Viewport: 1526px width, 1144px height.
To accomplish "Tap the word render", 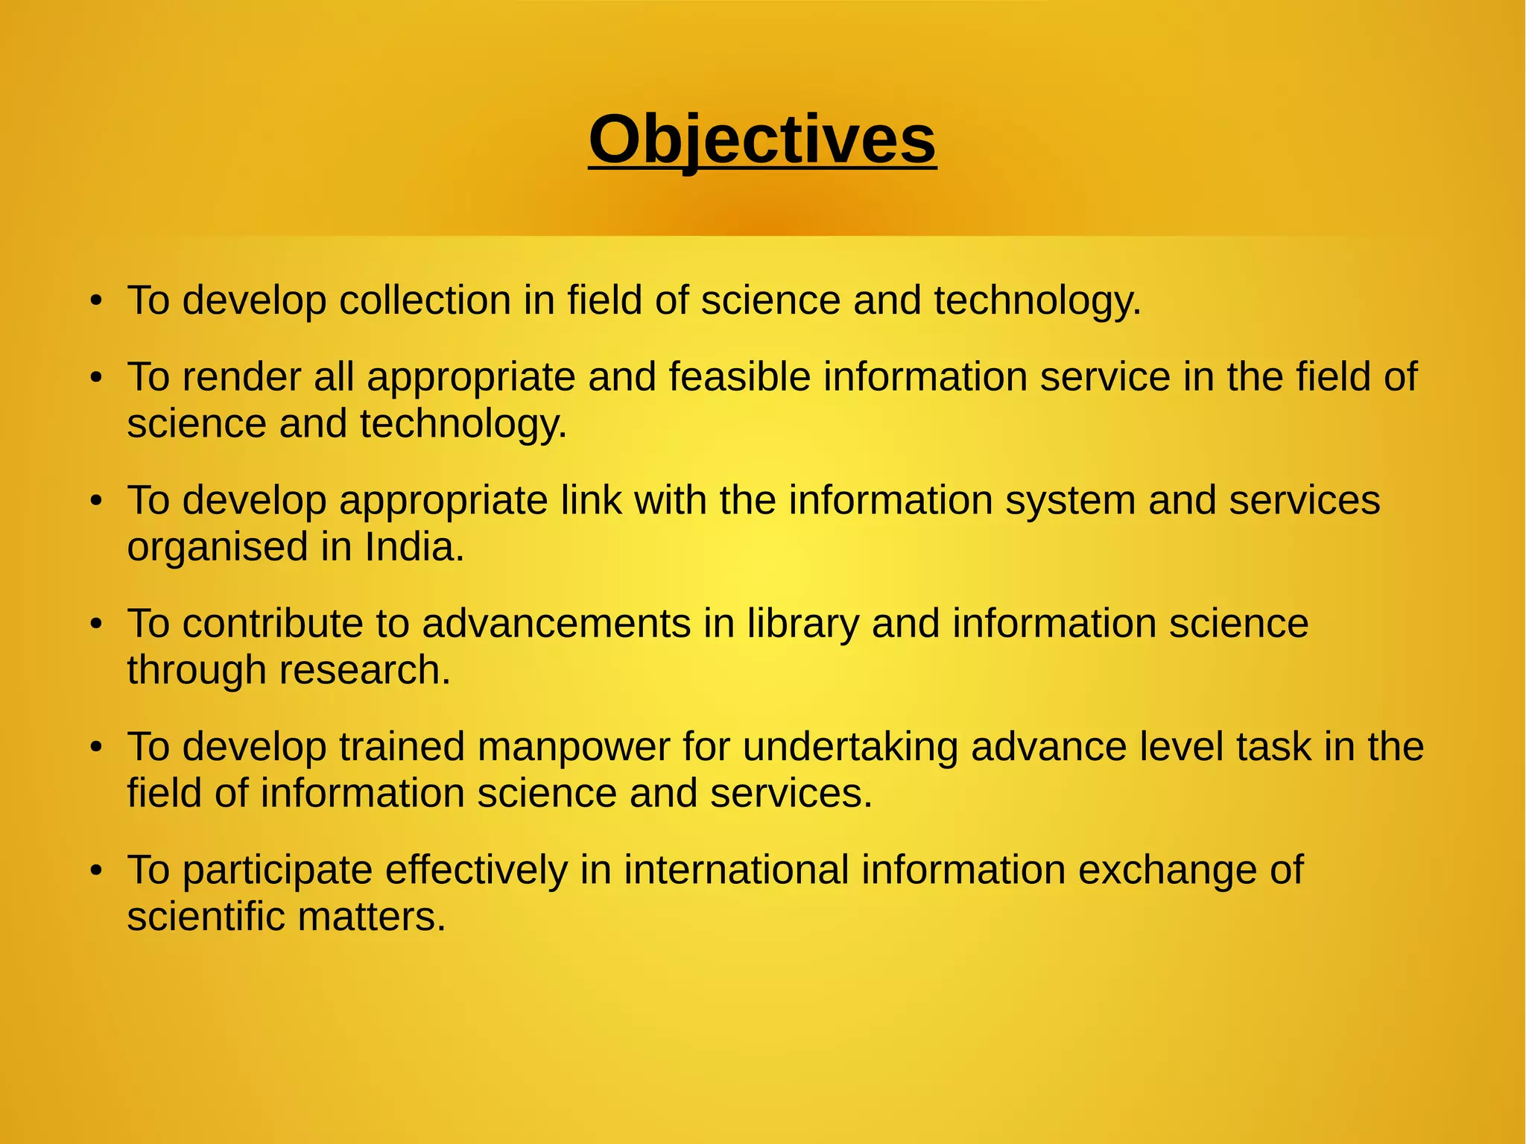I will [241, 376].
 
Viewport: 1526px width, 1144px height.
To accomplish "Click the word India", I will [414, 547].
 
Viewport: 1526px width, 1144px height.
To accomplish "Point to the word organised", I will [217, 549].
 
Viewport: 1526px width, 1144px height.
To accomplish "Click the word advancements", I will [556, 623].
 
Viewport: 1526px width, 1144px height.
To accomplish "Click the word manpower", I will [574, 747].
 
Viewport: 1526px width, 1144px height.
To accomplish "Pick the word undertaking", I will [850, 747].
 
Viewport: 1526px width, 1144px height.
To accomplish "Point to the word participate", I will [277, 870].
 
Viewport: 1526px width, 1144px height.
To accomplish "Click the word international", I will [736, 870].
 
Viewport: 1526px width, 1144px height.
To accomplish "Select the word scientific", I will [206, 917].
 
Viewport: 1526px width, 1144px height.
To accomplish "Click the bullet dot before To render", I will [95, 378].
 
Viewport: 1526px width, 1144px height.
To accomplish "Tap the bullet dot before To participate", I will [95, 870].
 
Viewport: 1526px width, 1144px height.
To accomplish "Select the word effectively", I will [476, 870].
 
